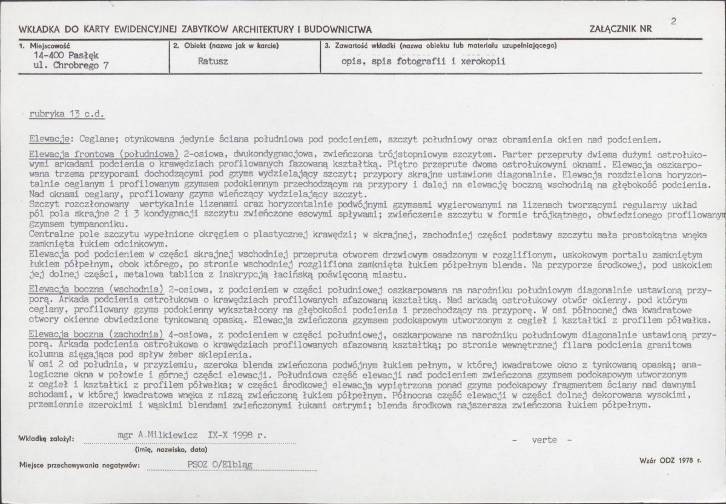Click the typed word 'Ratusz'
tap(212, 61)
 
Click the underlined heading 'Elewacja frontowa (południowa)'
tap(104, 154)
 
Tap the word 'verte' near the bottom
tap(544, 440)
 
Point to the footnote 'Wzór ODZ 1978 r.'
tap(670, 461)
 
